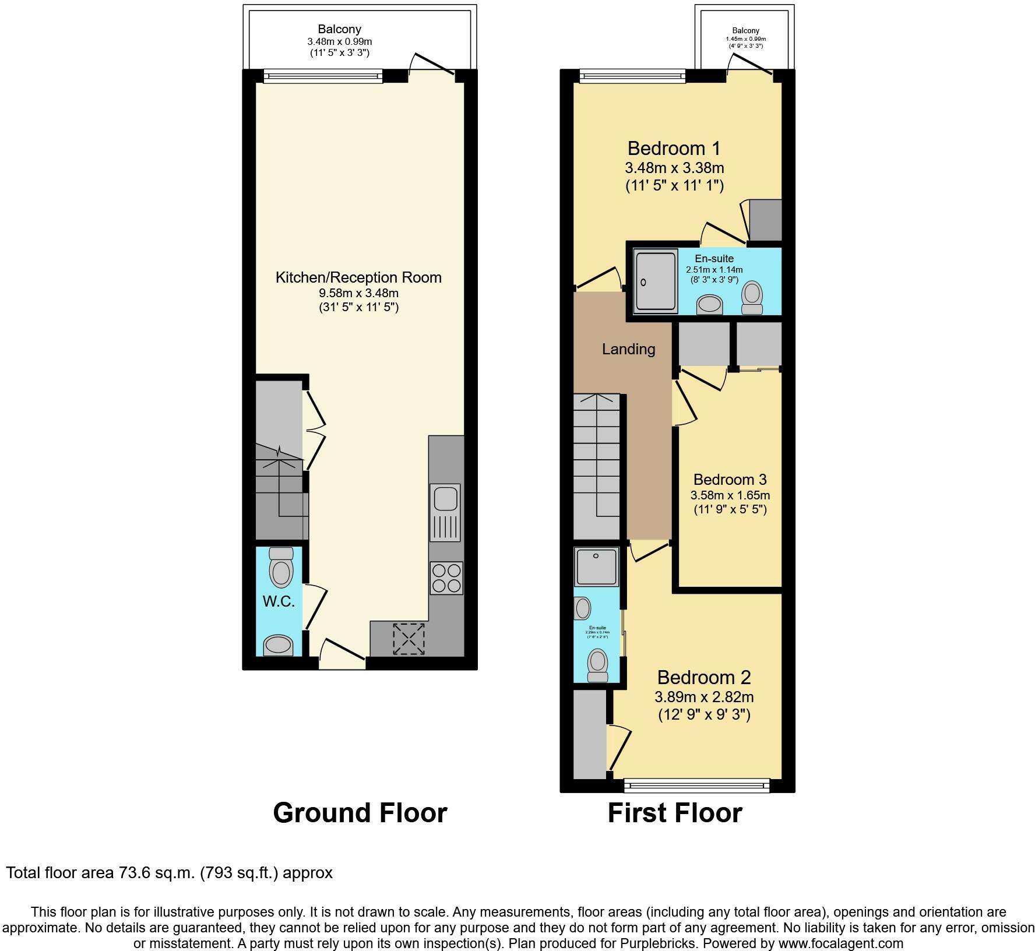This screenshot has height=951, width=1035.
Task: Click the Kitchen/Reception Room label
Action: pos(358,277)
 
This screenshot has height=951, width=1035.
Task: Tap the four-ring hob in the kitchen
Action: pos(446,577)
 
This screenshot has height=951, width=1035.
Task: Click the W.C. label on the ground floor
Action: pos(279,602)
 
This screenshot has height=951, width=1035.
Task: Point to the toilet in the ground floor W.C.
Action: pos(281,568)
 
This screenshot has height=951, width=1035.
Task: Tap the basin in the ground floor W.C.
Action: pos(278,645)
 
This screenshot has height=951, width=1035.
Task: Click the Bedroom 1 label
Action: pos(674,148)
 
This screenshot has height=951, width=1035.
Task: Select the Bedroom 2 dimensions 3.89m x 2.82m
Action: pos(704,697)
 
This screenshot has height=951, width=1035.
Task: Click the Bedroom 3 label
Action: pos(730,480)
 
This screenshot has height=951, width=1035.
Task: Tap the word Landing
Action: pos(628,349)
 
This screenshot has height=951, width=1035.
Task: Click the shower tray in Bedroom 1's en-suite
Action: pos(656,280)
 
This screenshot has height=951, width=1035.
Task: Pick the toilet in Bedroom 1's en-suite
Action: pos(752,295)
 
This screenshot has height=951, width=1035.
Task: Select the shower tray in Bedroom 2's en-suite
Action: pos(596,566)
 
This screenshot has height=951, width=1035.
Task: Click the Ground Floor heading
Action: pos(360,813)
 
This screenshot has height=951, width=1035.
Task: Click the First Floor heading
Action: pos(674,813)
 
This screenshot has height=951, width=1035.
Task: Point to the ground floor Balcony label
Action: pos(339,29)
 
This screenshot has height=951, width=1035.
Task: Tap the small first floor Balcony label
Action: pos(745,31)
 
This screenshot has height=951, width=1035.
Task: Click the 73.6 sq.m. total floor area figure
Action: pos(155,873)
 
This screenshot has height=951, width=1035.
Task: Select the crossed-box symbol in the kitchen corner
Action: pos(409,639)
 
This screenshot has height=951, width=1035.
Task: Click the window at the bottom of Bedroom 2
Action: pos(696,786)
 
